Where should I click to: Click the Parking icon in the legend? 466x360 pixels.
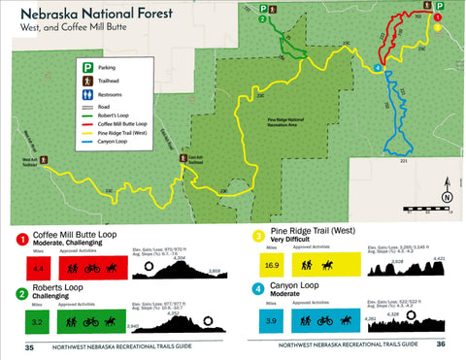tap(86, 69)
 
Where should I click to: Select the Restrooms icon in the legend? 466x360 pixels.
tap(86, 94)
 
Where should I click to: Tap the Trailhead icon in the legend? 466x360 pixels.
tap(86, 82)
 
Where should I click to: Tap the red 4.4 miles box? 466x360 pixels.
tap(40, 267)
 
